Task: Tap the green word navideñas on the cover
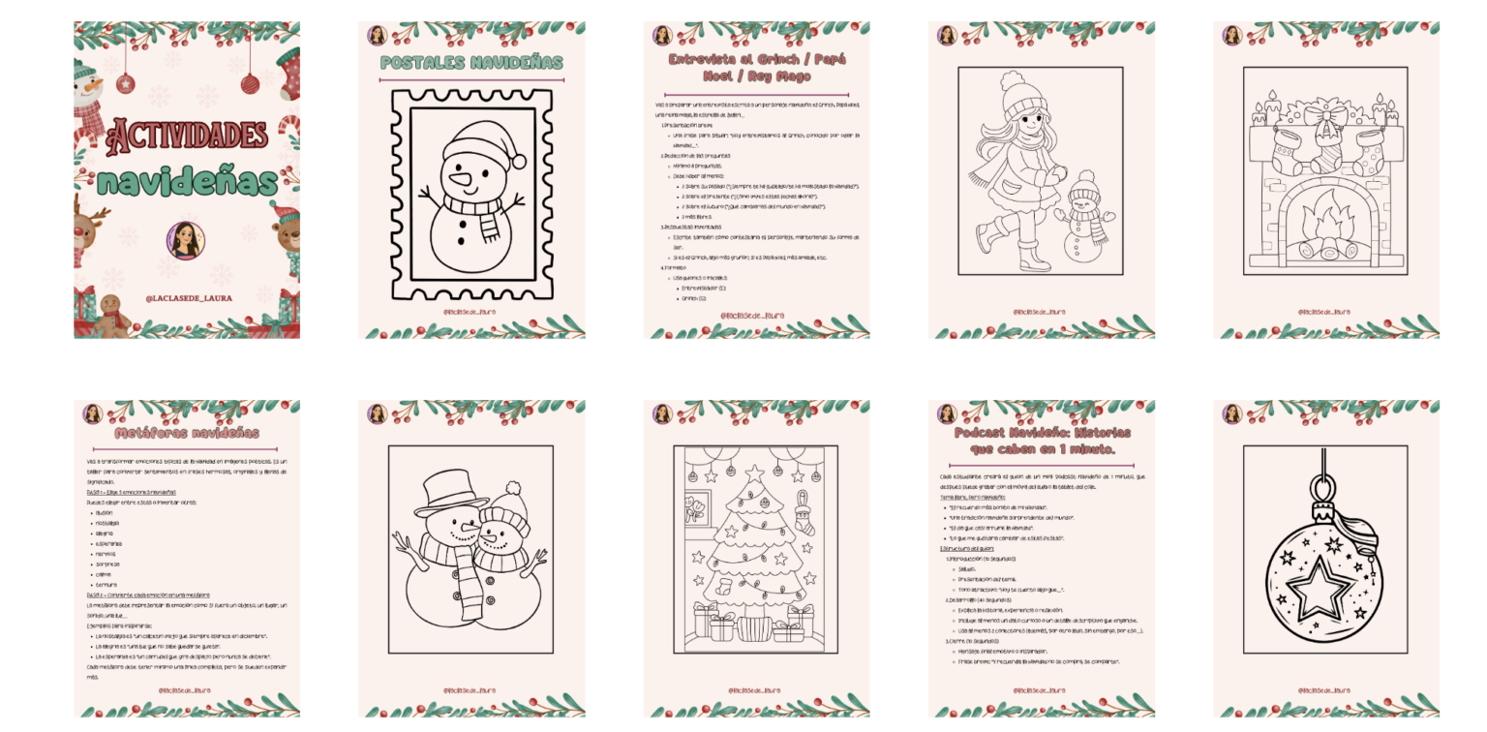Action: pyautogui.click(x=187, y=182)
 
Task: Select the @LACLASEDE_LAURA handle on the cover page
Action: pyautogui.click(x=189, y=298)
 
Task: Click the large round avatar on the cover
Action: pyautogui.click(x=185, y=239)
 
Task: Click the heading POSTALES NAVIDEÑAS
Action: pyautogui.click(x=471, y=63)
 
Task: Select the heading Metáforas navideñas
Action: pyautogui.click(x=186, y=432)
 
